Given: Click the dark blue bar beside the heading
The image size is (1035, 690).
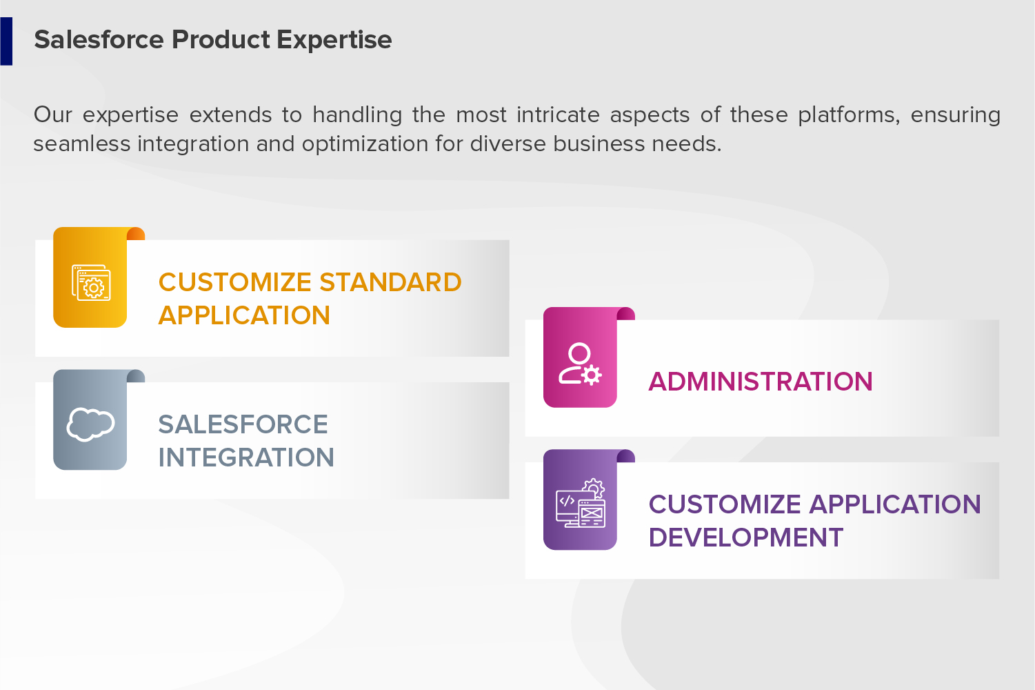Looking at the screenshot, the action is [x=6, y=41].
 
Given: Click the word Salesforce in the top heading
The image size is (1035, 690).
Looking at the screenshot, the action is [x=99, y=39].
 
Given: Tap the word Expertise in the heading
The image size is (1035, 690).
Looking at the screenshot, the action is [x=334, y=40].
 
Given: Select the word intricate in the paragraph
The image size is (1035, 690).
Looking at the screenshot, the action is [x=558, y=115].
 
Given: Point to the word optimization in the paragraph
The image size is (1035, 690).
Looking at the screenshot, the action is [x=365, y=144].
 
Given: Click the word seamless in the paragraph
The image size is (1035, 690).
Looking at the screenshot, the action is [x=82, y=144].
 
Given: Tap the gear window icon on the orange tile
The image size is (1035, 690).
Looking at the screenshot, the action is [x=91, y=282].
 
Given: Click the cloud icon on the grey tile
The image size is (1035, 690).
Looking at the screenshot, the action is [x=90, y=424].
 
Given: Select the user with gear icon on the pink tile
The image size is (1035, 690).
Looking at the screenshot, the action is [x=581, y=364].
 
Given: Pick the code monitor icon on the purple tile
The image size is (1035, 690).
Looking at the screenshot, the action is [x=581, y=503].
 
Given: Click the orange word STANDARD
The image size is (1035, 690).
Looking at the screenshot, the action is [x=390, y=282].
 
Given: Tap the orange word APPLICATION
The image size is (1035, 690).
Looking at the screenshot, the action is [x=244, y=315].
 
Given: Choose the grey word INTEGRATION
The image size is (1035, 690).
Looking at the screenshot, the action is [x=245, y=457].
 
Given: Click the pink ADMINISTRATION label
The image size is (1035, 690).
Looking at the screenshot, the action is [x=761, y=382].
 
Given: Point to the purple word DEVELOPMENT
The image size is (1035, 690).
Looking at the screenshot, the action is [x=746, y=538].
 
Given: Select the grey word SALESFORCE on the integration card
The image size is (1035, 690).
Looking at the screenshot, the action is [x=243, y=424].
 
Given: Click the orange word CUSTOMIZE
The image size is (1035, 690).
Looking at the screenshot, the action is [x=234, y=282].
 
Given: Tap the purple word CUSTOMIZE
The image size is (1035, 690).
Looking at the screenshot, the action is [x=725, y=504].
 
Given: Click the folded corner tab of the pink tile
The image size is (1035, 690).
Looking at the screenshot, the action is [x=626, y=313].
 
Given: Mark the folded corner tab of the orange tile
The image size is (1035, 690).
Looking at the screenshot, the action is [x=136, y=233].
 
